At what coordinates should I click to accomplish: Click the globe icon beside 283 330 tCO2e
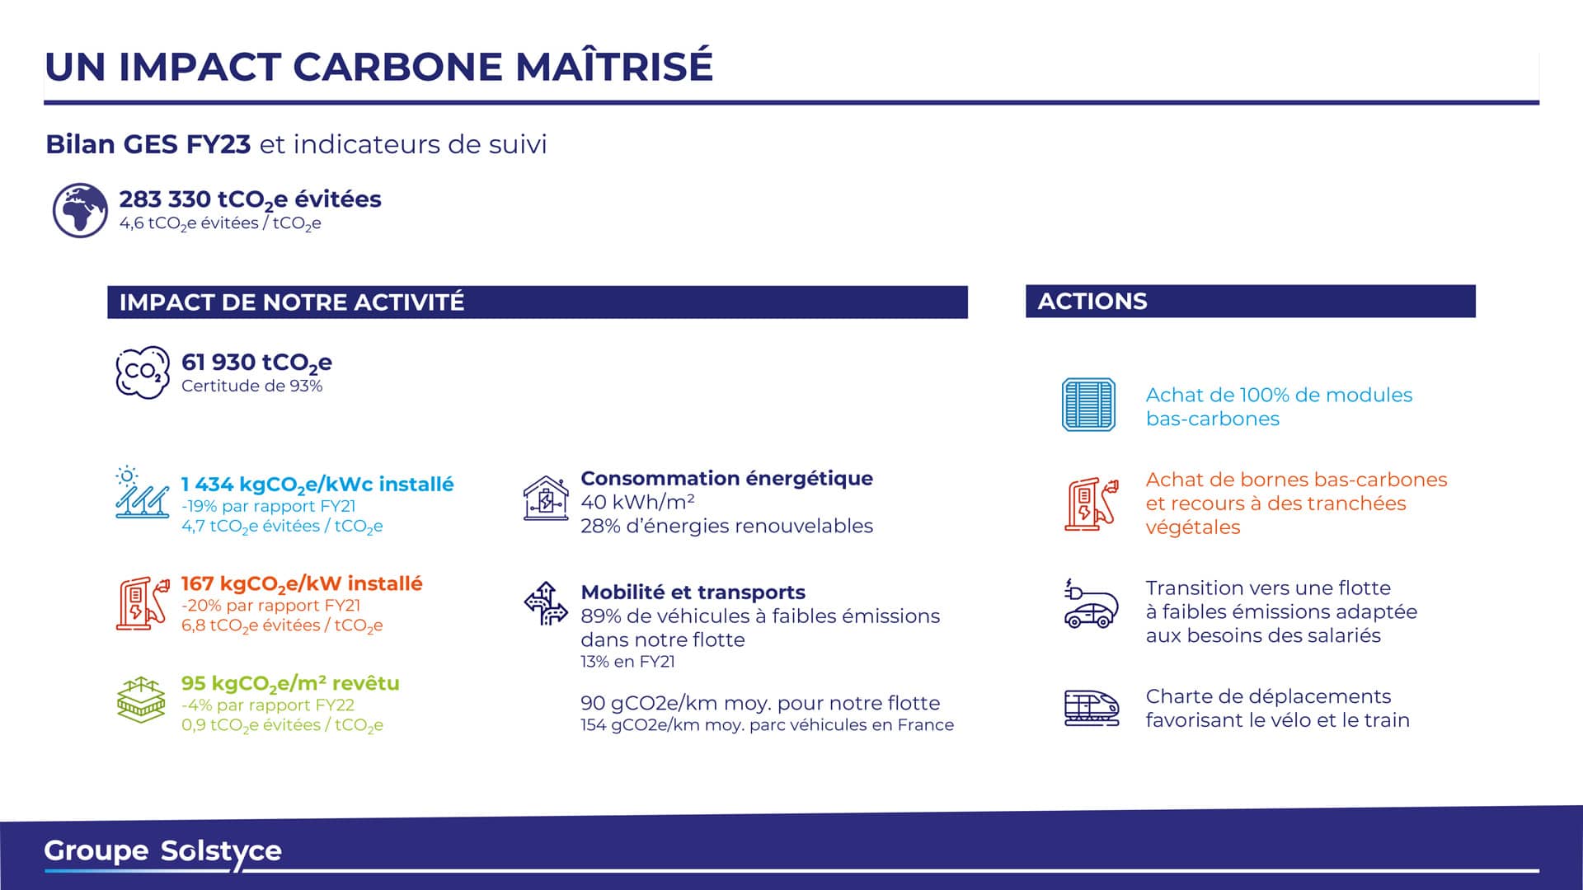click(80, 210)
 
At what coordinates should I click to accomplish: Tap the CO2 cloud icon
click(143, 372)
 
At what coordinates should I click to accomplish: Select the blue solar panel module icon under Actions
click(1088, 405)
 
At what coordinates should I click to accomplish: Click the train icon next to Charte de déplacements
click(1092, 708)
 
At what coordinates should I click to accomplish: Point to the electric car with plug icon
click(1092, 603)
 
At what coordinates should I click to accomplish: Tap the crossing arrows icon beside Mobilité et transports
click(546, 603)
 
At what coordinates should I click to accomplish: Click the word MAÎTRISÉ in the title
click(614, 67)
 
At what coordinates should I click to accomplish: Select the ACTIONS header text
click(1092, 302)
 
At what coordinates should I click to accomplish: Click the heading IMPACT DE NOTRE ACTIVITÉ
click(292, 302)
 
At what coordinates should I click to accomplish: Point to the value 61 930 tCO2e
click(256, 363)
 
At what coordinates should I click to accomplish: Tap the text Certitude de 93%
click(251, 386)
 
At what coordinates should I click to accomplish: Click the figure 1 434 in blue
click(207, 485)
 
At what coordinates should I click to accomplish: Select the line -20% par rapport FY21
click(270, 606)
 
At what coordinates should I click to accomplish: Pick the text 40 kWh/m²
click(637, 502)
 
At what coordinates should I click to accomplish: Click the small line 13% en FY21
click(627, 662)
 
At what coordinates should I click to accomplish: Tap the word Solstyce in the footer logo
click(221, 853)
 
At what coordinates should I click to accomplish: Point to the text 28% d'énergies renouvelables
click(726, 526)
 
